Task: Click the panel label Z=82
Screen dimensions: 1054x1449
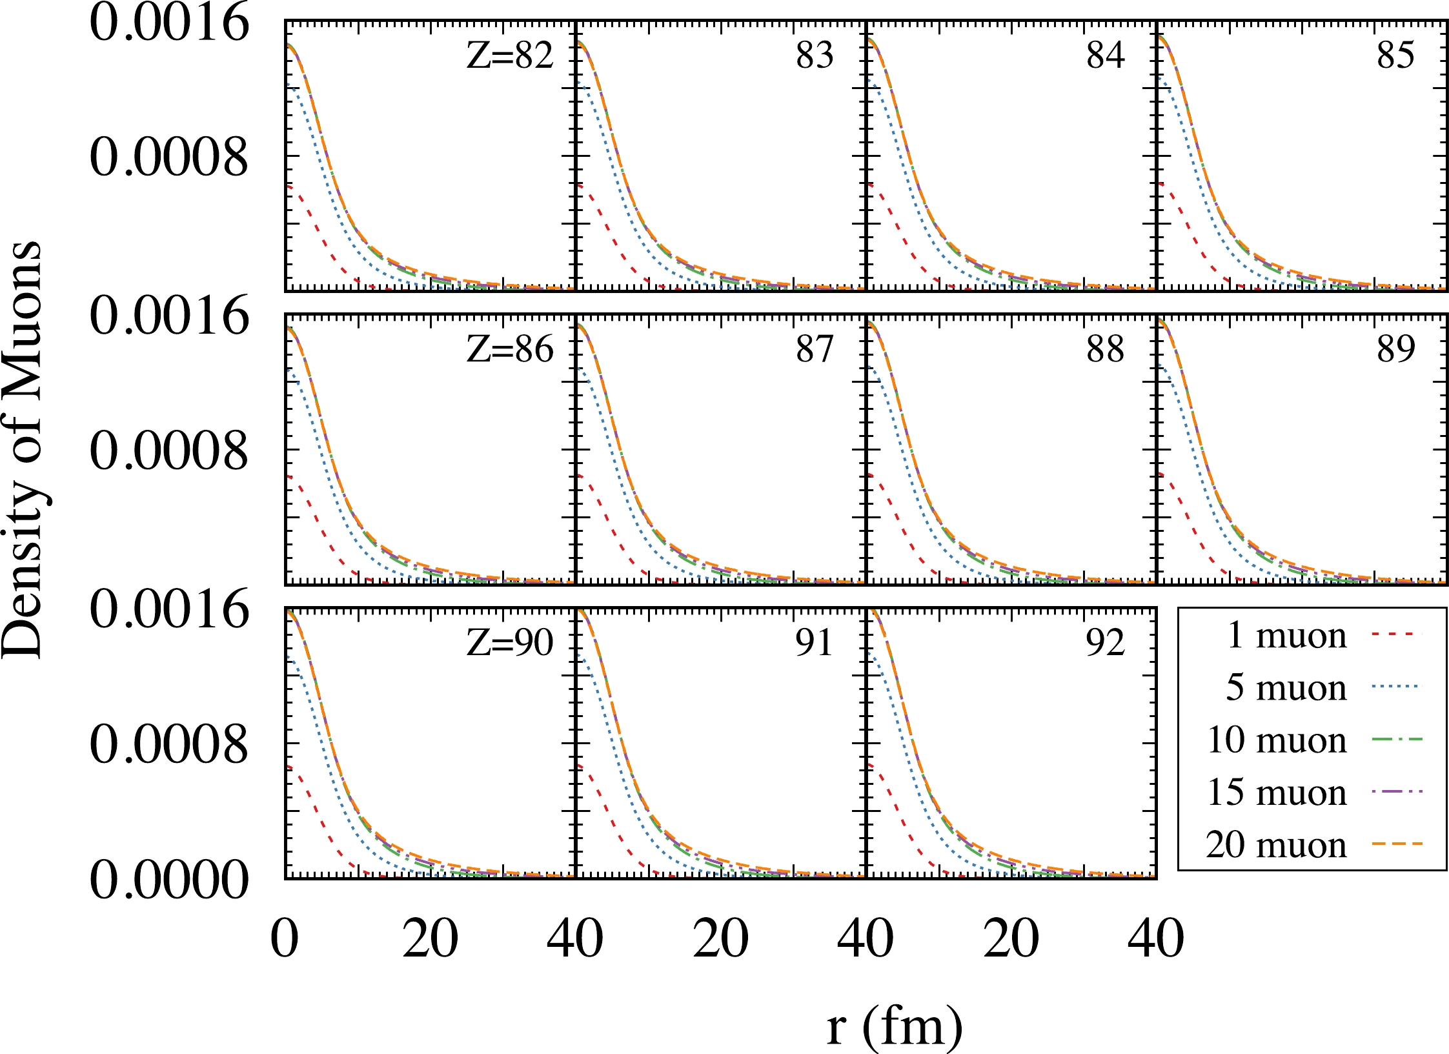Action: click(x=510, y=56)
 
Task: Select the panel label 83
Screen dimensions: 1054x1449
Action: click(x=815, y=56)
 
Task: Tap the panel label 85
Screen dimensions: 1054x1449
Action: click(x=1395, y=56)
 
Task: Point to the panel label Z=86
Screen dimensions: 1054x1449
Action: click(x=510, y=349)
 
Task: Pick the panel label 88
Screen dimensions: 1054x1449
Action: click(x=1105, y=349)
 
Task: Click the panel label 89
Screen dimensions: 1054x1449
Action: click(x=1395, y=349)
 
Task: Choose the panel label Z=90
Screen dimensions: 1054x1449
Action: click(x=510, y=643)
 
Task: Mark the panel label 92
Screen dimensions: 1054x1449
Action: click(x=1105, y=643)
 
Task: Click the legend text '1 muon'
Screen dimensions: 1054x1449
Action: click(x=1286, y=636)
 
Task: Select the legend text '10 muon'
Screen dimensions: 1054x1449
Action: click(x=1277, y=740)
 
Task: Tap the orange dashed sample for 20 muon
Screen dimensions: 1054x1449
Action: click(x=1397, y=844)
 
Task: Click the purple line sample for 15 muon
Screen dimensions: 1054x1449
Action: click(x=1397, y=791)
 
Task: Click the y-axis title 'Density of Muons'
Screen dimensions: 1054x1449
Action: click(x=22, y=449)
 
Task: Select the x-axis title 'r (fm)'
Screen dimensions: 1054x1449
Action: click(x=895, y=1026)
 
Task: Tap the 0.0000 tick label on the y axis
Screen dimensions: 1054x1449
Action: click(x=169, y=880)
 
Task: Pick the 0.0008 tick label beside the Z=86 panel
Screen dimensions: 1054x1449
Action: click(x=169, y=451)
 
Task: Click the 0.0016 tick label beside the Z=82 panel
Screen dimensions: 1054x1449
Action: click(x=169, y=24)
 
